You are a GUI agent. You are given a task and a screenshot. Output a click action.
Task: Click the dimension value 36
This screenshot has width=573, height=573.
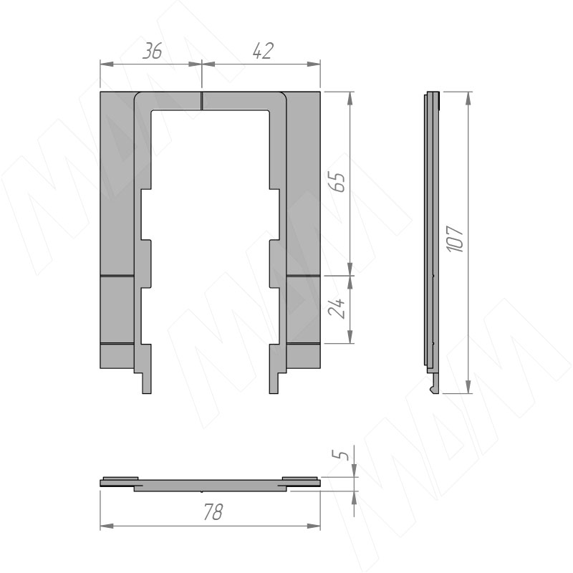tap(152, 51)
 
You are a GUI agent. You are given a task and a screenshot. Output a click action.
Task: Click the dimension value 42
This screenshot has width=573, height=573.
tap(263, 51)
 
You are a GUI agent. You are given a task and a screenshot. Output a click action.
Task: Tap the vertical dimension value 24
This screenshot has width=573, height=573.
tap(337, 309)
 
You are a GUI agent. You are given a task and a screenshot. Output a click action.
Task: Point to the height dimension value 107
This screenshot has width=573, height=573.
tap(455, 239)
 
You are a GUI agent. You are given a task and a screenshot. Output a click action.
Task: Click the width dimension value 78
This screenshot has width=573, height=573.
tap(212, 511)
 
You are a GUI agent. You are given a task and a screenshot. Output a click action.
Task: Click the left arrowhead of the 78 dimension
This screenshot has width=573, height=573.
tap(107, 526)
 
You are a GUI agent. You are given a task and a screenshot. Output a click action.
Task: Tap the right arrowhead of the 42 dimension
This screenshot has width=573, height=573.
tap(314, 64)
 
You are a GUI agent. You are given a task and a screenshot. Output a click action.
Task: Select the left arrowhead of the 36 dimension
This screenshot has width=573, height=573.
tap(107, 64)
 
